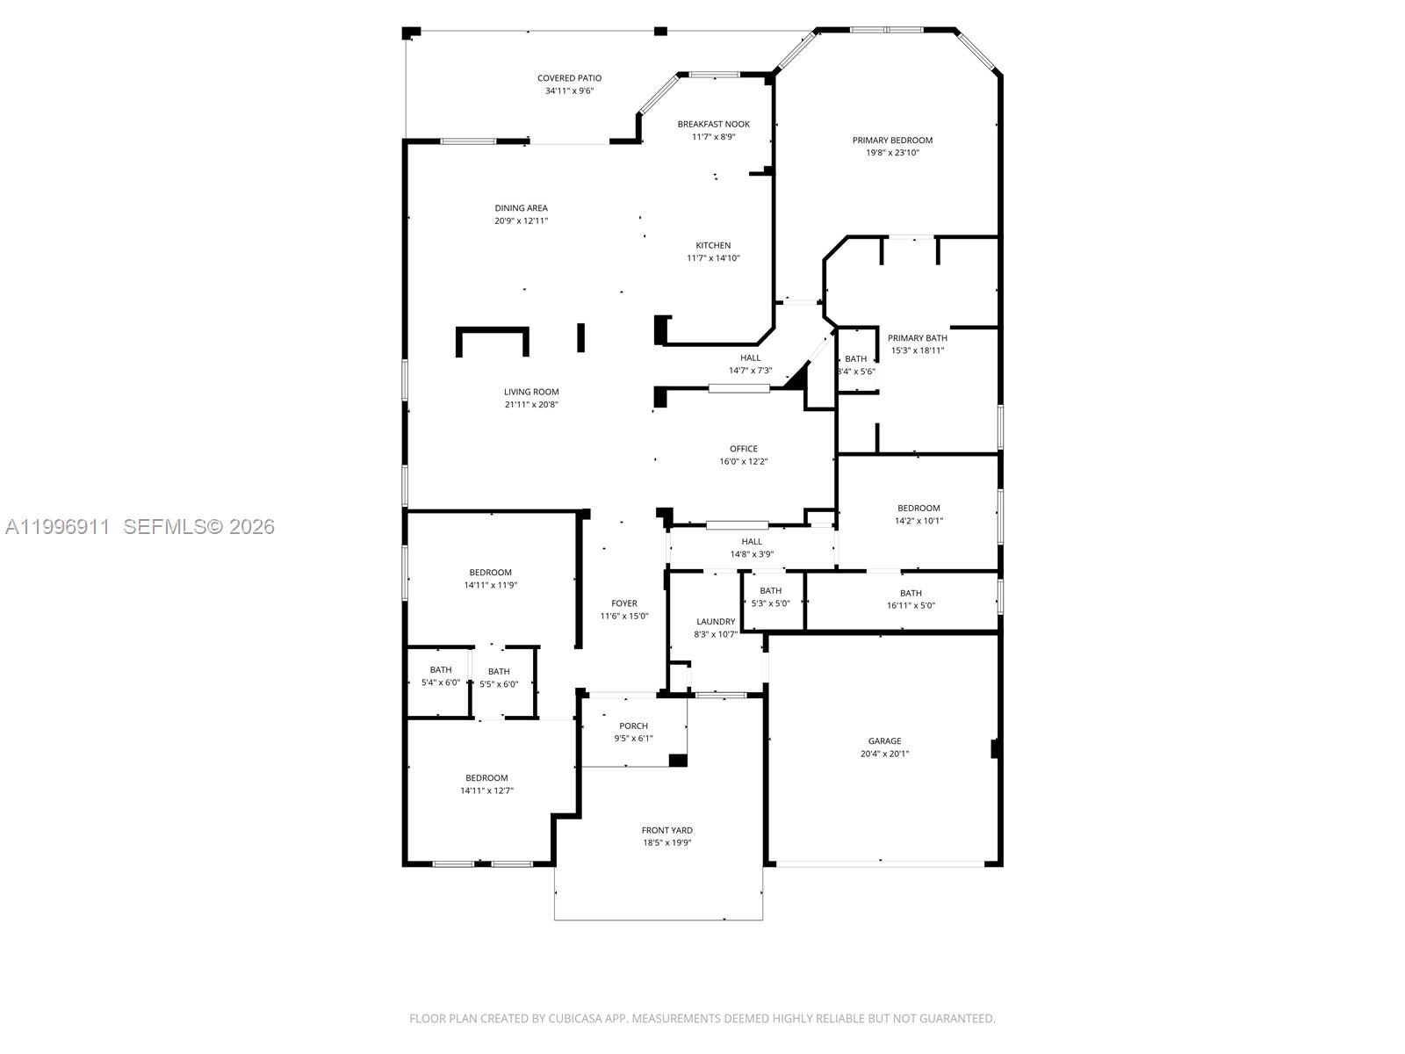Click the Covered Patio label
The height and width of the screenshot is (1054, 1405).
(x=569, y=78)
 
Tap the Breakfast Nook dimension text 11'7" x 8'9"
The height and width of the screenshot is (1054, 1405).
(x=713, y=137)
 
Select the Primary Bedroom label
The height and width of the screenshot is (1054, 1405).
(x=892, y=140)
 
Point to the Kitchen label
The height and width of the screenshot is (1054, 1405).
(x=713, y=245)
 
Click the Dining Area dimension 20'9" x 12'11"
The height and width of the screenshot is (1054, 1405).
(x=521, y=221)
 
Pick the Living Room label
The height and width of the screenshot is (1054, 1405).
(x=531, y=392)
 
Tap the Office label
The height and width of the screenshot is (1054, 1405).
(x=743, y=449)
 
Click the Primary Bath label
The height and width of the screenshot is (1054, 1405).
(x=917, y=337)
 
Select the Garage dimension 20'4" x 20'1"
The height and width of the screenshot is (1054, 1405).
(x=884, y=754)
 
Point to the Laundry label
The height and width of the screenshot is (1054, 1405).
(x=715, y=621)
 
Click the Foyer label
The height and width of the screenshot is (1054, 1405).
(x=624, y=603)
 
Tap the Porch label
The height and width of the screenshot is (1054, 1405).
(x=633, y=726)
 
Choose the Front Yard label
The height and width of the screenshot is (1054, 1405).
(x=666, y=830)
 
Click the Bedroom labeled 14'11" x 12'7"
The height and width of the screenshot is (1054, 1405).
(x=486, y=778)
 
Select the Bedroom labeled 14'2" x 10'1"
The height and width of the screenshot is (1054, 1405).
(x=919, y=508)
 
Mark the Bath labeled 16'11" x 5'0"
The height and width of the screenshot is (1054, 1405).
(x=911, y=593)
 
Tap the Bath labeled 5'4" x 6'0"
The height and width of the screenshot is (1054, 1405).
(x=440, y=670)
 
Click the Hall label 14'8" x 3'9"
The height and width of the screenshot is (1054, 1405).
(x=752, y=542)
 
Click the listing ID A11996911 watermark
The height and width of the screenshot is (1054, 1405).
(x=57, y=527)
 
